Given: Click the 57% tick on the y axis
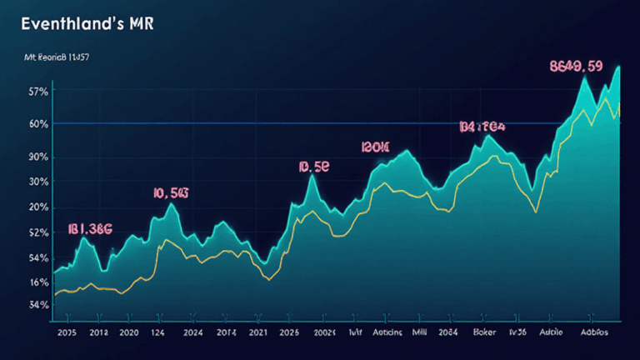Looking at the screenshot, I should click(37, 91).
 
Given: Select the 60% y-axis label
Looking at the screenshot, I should click(37, 124).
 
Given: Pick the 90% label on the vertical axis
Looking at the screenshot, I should click(37, 157).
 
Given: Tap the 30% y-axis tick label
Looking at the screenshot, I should click(37, 182).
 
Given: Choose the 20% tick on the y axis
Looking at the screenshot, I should click(37, 207).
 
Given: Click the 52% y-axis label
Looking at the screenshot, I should click(37, 232).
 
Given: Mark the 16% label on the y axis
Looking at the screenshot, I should click(37, 282).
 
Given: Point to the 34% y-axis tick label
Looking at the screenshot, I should click(37, 305).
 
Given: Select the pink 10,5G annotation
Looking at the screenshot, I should click(171, 193).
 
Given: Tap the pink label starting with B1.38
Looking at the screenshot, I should click(90, 227).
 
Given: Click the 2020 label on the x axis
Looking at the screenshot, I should click(129, 332).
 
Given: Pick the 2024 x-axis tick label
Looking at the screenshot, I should click(192, 332).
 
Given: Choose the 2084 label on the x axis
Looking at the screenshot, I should click(447, 332).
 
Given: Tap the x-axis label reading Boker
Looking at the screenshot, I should click(484, 332).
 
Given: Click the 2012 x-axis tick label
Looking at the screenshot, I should click(98, 332).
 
